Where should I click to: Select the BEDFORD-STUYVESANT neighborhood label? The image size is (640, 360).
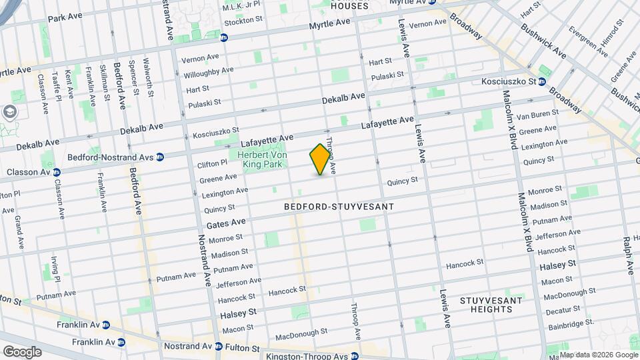[339, 207]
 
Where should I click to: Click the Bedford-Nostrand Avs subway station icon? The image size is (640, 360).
[160, 157]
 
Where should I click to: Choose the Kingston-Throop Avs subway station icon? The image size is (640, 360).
[355, 355]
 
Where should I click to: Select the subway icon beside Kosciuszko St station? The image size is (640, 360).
[543, 82]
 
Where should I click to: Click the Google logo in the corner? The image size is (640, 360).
[22, 351]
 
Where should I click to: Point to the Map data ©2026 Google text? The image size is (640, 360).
[598, 355]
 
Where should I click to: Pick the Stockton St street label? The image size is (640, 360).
[244, 21]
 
